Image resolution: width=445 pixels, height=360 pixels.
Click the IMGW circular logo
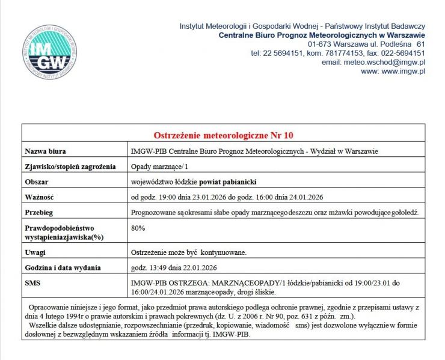coord(50,50)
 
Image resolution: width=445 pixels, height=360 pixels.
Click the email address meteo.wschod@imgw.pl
coord(373,62)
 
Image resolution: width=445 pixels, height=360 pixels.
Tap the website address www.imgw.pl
coord(393,71)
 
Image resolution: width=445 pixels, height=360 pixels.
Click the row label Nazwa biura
coord(46,151)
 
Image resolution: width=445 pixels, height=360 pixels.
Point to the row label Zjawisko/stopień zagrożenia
coord(70,166)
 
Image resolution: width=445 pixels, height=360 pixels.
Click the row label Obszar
coord(37,182)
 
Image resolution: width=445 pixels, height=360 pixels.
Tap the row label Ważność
coord(40,197)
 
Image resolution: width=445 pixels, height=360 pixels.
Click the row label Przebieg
coord(39,213)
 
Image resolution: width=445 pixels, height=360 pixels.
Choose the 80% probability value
coord(138,228)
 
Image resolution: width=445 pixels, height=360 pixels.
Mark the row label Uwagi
coord(35,252)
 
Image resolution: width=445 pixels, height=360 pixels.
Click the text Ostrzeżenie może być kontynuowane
coord(188,252)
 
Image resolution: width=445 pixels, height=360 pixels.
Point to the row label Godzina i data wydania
coord(63,267)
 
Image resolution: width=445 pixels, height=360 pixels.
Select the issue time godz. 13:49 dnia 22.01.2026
coord(174,267)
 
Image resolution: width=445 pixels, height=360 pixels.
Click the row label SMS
coord(32,282)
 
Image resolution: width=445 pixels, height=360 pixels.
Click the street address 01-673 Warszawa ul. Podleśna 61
coord(366,44)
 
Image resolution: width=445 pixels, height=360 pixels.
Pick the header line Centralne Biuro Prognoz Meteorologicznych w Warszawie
coord(322,35)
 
